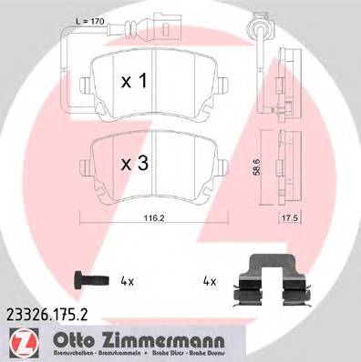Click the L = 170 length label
88,21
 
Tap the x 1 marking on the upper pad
134,80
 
